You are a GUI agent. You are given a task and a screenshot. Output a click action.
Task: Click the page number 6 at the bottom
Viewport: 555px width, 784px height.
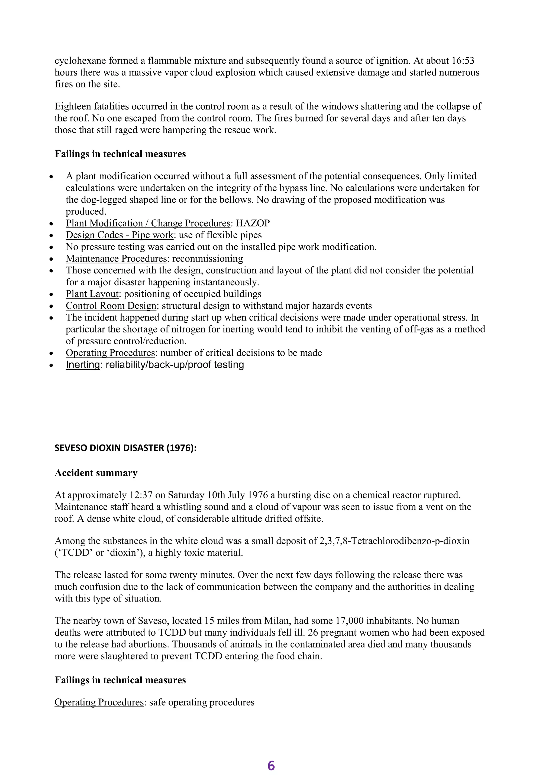tap(271, 766)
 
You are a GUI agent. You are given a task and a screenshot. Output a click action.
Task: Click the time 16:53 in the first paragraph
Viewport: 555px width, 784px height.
tap(463, 61)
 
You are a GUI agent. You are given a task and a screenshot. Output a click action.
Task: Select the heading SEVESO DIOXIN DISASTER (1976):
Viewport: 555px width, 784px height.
tap(125, 448)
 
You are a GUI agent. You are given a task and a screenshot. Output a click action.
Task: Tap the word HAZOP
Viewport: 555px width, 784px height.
tap(253, 223)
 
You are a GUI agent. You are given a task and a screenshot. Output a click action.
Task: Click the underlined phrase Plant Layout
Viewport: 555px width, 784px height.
tap(92, 294)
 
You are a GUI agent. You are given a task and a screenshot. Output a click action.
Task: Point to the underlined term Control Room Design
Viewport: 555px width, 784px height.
tap(111, 306)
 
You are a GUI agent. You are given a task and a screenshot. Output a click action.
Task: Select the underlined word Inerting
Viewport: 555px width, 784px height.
tap(82, 365)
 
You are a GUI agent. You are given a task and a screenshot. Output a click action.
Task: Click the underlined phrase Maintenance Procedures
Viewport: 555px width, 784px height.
tap(116, 259)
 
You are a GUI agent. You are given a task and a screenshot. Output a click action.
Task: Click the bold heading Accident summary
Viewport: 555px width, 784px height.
tap(96, 473)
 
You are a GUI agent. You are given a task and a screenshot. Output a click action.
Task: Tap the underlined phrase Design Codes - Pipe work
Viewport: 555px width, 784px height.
tap(120, 235)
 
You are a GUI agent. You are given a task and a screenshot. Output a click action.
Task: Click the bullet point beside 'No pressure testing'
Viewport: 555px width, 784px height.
tap(51, 247)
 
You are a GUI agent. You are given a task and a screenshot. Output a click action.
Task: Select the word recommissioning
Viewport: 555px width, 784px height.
tap(207, 259)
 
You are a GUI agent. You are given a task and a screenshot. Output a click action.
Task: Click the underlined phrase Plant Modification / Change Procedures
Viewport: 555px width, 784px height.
tap(148, 223)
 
